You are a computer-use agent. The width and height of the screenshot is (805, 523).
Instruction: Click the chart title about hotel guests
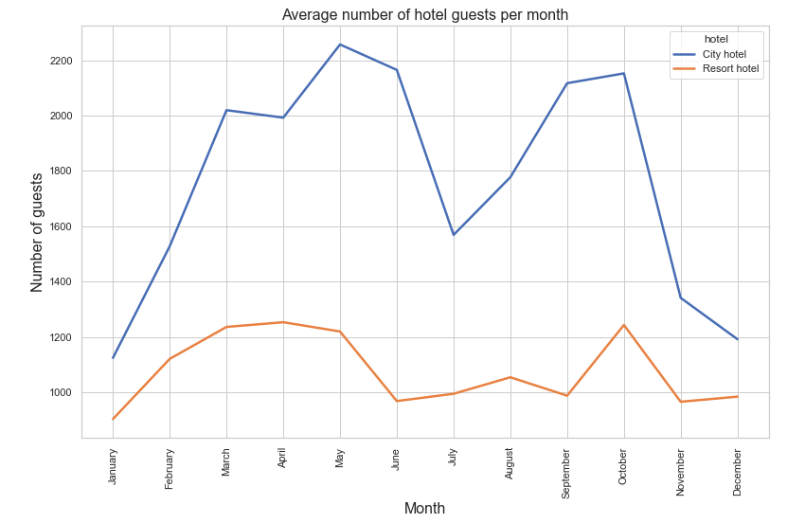(425, 14)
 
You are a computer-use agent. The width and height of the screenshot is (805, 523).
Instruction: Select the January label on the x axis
(113, 466)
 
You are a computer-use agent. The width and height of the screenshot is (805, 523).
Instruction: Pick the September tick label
(566, 472)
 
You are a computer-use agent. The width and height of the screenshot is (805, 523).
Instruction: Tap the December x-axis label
(737, 470)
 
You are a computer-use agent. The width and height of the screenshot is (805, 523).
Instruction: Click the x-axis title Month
(424, 509)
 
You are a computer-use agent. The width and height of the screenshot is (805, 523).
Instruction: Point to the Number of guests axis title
(38, 232)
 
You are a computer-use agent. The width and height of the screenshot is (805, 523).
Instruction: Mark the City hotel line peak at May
(340, 45)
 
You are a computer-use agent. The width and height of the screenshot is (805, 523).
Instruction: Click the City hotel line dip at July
(454, 235)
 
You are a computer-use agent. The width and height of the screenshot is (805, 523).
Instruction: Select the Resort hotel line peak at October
(623, 325)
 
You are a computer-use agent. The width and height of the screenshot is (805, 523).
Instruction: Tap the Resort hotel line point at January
(113, 419)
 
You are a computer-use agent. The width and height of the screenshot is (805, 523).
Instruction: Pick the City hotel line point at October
(623, 73)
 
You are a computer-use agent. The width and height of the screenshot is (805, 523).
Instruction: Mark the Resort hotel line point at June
(397, 401)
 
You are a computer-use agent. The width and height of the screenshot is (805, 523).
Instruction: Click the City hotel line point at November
(680, 298)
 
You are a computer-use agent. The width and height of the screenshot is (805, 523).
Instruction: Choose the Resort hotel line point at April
(283, 322)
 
